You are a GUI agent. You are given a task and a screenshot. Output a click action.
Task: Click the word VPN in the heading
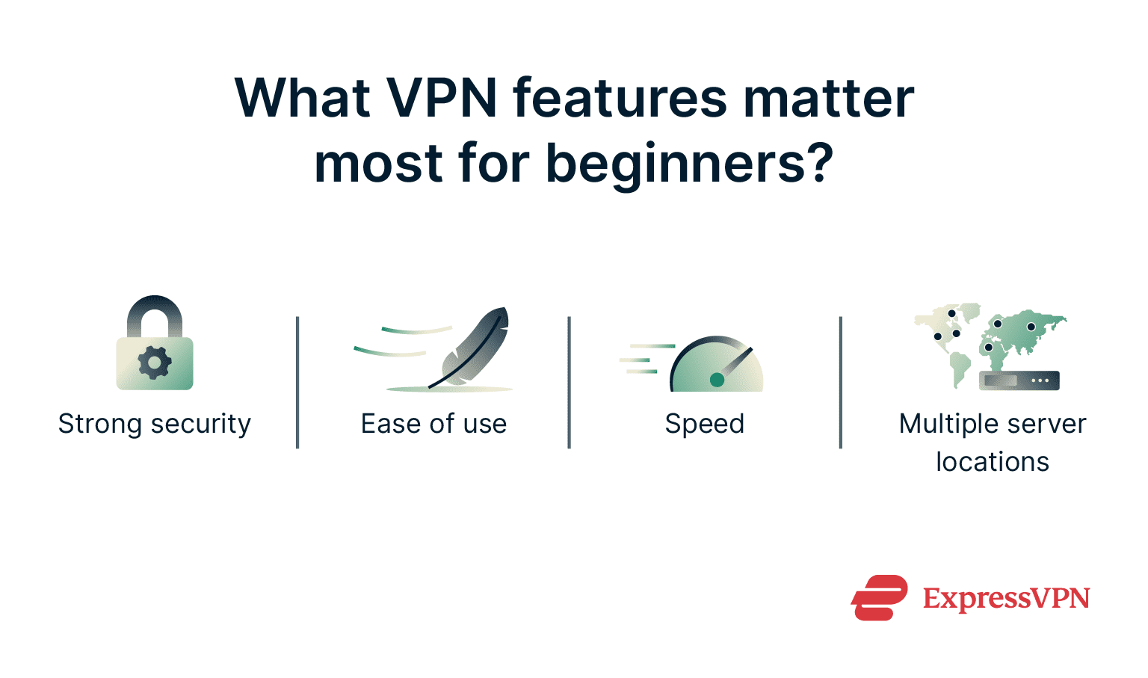442,98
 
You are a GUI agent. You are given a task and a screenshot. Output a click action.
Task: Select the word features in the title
620,98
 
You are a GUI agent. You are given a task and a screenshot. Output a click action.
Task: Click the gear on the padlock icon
155,363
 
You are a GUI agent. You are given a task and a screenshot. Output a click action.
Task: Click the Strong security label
155,424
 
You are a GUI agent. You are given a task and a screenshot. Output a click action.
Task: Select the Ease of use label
433,424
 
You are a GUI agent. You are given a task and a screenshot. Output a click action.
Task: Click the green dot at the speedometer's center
717,380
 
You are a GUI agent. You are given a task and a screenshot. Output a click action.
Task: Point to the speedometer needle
735,363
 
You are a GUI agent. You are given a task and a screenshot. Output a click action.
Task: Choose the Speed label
705,424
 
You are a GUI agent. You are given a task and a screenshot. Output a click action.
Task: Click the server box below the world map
1019,380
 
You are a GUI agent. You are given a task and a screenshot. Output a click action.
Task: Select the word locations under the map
993,462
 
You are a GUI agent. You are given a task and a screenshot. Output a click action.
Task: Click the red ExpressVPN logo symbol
879,597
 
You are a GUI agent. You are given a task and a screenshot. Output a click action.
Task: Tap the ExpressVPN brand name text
1006,599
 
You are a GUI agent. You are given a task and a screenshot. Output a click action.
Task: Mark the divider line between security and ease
297,382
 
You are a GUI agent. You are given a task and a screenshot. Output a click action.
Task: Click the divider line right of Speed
841,382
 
